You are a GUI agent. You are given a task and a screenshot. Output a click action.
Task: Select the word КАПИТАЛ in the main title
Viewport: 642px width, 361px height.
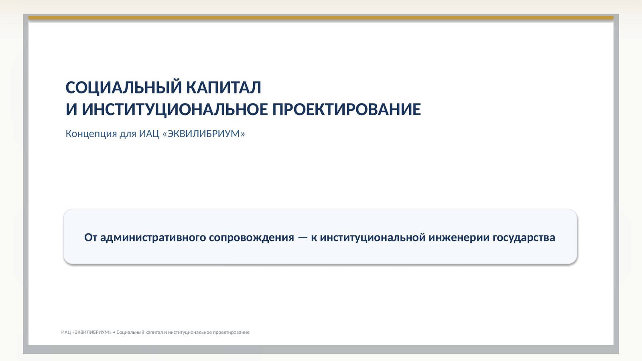[223, 87]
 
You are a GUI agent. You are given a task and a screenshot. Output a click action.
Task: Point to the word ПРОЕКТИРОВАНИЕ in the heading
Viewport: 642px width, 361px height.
[347, 110]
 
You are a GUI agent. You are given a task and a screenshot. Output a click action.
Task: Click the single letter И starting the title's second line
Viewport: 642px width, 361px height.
[71, 110]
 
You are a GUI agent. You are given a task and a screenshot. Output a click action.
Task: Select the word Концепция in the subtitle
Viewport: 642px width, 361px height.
[91, 134]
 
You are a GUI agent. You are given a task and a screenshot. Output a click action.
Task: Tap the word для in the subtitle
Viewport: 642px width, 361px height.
[128, 134]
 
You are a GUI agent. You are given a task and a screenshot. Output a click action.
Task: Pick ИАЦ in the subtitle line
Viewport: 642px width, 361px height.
[149, 134]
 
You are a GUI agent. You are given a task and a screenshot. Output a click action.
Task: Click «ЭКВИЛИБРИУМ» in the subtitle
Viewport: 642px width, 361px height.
[204, 134]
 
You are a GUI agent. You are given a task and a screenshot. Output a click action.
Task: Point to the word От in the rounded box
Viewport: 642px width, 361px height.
[91, 237]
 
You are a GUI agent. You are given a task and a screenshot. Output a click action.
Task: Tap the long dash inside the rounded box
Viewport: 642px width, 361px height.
[303, 238]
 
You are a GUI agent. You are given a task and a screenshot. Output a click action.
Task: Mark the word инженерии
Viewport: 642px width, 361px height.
[459, 238]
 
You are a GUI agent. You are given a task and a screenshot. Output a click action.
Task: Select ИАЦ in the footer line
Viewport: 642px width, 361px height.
[66, 333]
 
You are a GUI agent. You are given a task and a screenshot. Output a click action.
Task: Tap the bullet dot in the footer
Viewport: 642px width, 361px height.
[114, 333]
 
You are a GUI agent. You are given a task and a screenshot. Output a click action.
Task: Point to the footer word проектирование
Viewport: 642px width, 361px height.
[231, 333]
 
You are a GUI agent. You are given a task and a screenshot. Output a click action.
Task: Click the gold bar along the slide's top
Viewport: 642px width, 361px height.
[321, 18]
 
